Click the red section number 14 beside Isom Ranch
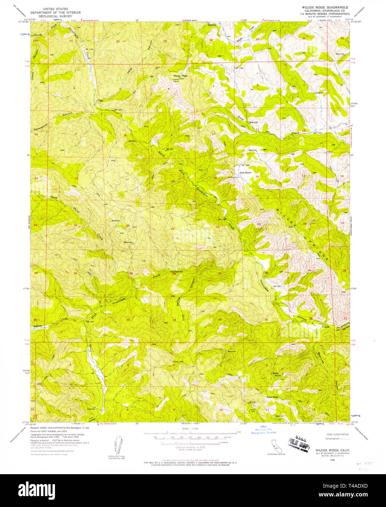tap(257, 177)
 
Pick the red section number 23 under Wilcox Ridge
tap(259, 224)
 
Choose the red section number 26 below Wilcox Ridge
tap(267, 273)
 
